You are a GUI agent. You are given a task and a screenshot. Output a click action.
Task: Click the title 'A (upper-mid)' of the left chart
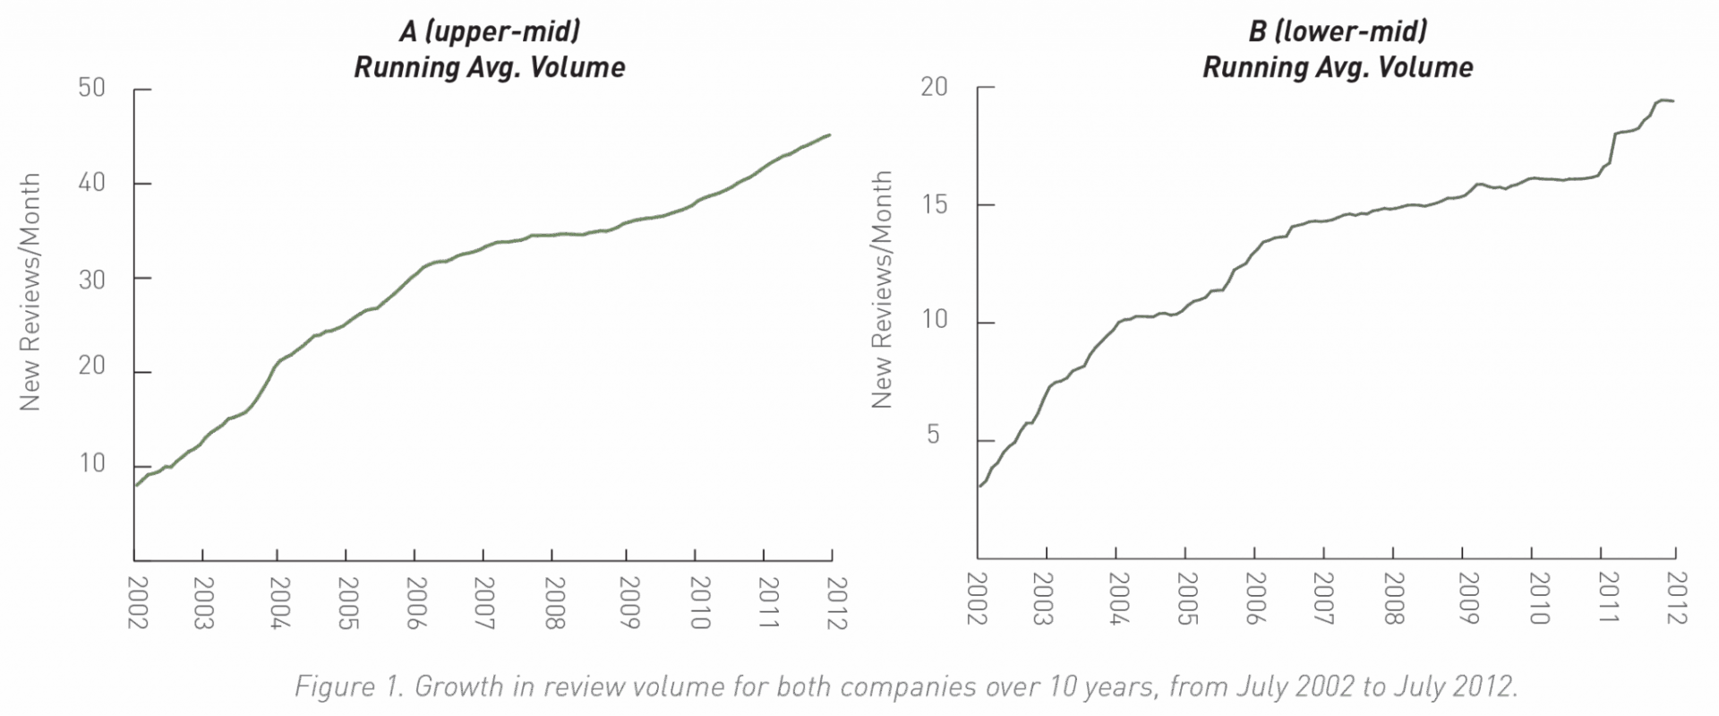pos(490,31)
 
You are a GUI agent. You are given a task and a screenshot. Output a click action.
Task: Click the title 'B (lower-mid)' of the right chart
pos(1338,31)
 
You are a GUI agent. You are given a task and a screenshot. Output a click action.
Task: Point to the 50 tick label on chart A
pos(92,88)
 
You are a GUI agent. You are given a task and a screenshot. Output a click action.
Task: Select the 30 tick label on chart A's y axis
pos(92,280)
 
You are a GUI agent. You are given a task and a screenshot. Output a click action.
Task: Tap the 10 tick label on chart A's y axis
pos(92,463)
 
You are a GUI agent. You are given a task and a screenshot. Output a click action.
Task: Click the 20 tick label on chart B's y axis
pos(935,87)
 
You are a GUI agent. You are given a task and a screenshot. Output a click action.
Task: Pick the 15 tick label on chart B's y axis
pos(935,204)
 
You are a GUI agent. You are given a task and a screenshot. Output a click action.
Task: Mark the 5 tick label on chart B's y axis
pos(934,435)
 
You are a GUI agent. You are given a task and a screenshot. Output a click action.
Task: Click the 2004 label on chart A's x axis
pos(279,603)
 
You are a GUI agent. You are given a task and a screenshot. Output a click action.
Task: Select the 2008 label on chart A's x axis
pos(554,603)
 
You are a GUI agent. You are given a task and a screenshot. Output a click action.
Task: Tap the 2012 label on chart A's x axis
pos(836,603)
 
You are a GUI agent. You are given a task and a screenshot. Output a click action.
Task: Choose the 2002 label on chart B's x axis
pos(976,599)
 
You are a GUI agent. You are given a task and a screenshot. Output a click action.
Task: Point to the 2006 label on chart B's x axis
pos(1254,599)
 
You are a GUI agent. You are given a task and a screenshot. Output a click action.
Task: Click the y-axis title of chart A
pos(30,292)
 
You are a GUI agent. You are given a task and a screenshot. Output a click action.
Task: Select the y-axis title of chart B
pos(882,289)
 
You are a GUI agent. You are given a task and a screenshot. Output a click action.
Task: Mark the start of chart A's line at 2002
pos(135,486)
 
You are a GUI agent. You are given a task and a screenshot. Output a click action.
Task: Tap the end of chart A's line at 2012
pos(830,135)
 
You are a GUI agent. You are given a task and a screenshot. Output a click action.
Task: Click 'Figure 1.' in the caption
pos(349,686)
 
